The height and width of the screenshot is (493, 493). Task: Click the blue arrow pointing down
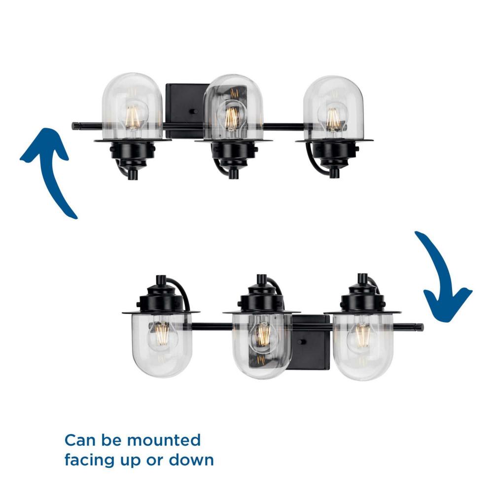click(x=440, y=277)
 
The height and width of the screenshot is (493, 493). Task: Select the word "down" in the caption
click(x=191, y=460)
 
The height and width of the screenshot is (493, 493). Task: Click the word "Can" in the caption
click(x=79, y=440)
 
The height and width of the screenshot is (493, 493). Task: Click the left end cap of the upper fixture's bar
click(x=75, y=126)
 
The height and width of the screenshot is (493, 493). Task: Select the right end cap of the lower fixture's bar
click(x=419, y=327)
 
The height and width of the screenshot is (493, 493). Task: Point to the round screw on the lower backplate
click(x=303, y=342)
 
